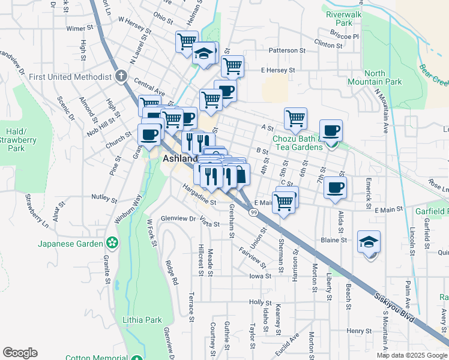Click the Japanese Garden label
[x=70, y=243]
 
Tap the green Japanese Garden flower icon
[x=111, y=242]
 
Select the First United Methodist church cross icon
[x=121, y=76]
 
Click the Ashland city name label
[x=180, y=158]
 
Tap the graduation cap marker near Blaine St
[x=369, y=241]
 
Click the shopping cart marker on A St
[x=295, y=118]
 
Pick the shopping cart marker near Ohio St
[x=186, y=41]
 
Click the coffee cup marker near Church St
[x=149, y=134]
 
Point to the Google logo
[x=20, y=353]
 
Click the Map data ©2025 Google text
[x=412, y=355]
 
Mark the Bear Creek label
[x=433, y=75]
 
